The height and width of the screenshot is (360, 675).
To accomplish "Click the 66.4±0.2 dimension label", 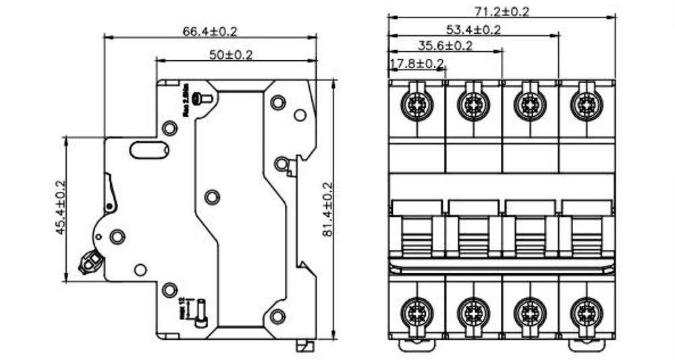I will click(x=210, y=31).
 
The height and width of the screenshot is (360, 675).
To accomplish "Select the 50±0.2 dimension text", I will click(x=230, y=55).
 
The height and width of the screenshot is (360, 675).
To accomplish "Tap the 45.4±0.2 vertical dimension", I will click(x=60, y=208).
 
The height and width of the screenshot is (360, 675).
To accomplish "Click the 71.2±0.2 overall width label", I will click(x=502, y=11).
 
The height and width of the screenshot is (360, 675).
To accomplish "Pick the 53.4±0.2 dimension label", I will click(x=473, y=29).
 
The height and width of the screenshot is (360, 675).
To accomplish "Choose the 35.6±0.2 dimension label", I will click(x=445, y=46).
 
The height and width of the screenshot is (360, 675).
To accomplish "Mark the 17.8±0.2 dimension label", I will click(x=416, y=63).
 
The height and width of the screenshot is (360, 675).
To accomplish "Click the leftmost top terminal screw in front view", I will click(x=414, y=104).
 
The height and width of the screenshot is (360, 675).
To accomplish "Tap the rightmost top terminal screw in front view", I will click(x=585, y=104).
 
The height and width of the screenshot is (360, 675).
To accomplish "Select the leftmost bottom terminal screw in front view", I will click(x=414, y=311).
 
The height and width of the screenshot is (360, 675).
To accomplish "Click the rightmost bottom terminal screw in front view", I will click(x=585, y=311).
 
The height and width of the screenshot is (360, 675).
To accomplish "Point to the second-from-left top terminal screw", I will click(x=471, y=104).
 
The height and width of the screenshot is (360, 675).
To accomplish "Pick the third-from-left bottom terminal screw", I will click(x=528, y=311).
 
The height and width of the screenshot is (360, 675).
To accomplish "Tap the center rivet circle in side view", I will click(x=212, y=197).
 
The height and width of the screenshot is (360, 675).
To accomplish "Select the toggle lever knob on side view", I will click(x=89, y=261).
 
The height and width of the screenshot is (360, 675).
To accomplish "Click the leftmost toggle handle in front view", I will click(x=416, y=233).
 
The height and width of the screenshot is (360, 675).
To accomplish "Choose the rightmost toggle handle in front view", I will click(x=587, y=233).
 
